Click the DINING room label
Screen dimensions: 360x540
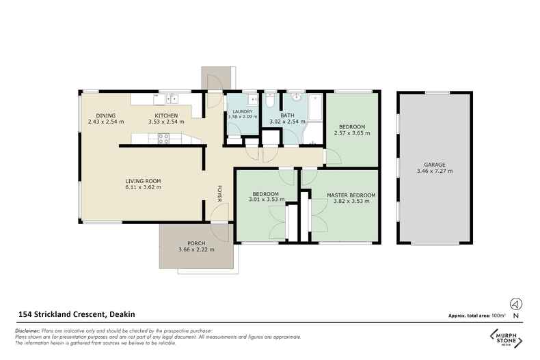105,115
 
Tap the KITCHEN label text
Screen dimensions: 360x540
166,115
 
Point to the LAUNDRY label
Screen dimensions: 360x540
243,112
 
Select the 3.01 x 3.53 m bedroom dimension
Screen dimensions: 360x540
263,201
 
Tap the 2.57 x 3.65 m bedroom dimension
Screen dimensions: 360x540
351,133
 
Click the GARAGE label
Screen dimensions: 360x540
434,165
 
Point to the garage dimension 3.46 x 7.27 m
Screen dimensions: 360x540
434,171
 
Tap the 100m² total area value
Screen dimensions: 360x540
498,316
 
